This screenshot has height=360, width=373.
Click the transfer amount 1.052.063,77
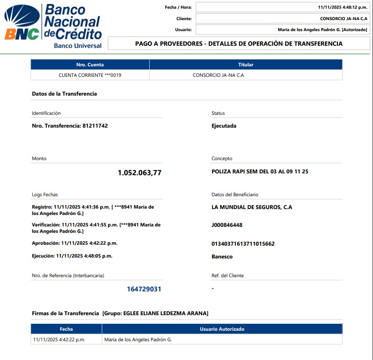[x=140, y=173]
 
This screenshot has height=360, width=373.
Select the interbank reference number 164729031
[x=144, y=289]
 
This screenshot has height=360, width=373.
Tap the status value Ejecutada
[x=224, y=126]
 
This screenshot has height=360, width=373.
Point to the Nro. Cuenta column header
[x=90, y=64]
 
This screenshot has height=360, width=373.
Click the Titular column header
[x=246, y=64]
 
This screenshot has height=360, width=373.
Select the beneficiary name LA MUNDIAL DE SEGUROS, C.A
[x=252, y=207]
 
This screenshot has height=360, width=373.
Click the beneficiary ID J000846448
[x=227, y=225]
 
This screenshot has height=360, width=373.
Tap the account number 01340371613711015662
[x=243, y=244]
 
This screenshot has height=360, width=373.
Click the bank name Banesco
[x=222, y=257]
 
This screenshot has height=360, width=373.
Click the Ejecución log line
[x=72, y=256]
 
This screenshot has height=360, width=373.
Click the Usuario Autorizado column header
[x=222, y=329]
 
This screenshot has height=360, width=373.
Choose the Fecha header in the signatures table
[x=66, y=329]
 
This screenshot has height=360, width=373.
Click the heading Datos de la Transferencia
[x=64, y=94]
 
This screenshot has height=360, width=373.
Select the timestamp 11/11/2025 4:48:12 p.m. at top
[x=342, y=7]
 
